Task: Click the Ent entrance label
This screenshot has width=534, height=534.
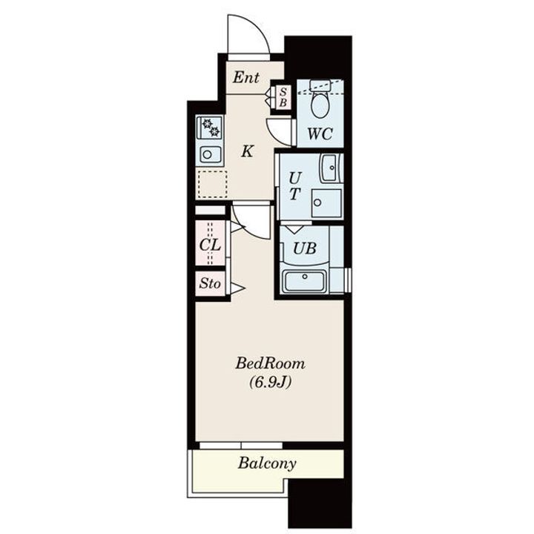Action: (x=245, y=77)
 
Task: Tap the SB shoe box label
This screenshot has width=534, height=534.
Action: (x=283, y=97)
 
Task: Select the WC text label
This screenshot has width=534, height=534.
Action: (x=320, y=134)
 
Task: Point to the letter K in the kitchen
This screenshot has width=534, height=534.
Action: (x=247, y=152)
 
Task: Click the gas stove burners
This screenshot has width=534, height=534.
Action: (x=211, y=128)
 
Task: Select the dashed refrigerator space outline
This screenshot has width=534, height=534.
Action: (x=212, y=184)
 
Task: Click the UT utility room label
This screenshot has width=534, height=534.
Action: (x=295, y=186)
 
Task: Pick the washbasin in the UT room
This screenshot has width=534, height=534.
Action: (x=329, y=167)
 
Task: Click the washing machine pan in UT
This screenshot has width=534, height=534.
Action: (x=326, y=202)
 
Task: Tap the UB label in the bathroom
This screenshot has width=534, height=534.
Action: (x=305, y=248)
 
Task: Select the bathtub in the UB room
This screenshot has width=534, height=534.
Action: (x=305, y=281)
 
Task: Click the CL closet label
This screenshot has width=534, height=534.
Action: (x=210, y=245)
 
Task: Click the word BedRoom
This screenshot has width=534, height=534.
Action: (x=270, y=364)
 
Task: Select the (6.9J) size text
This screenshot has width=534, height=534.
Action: (x=269, y=383)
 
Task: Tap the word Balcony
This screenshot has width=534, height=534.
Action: (x=267, y=464)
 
